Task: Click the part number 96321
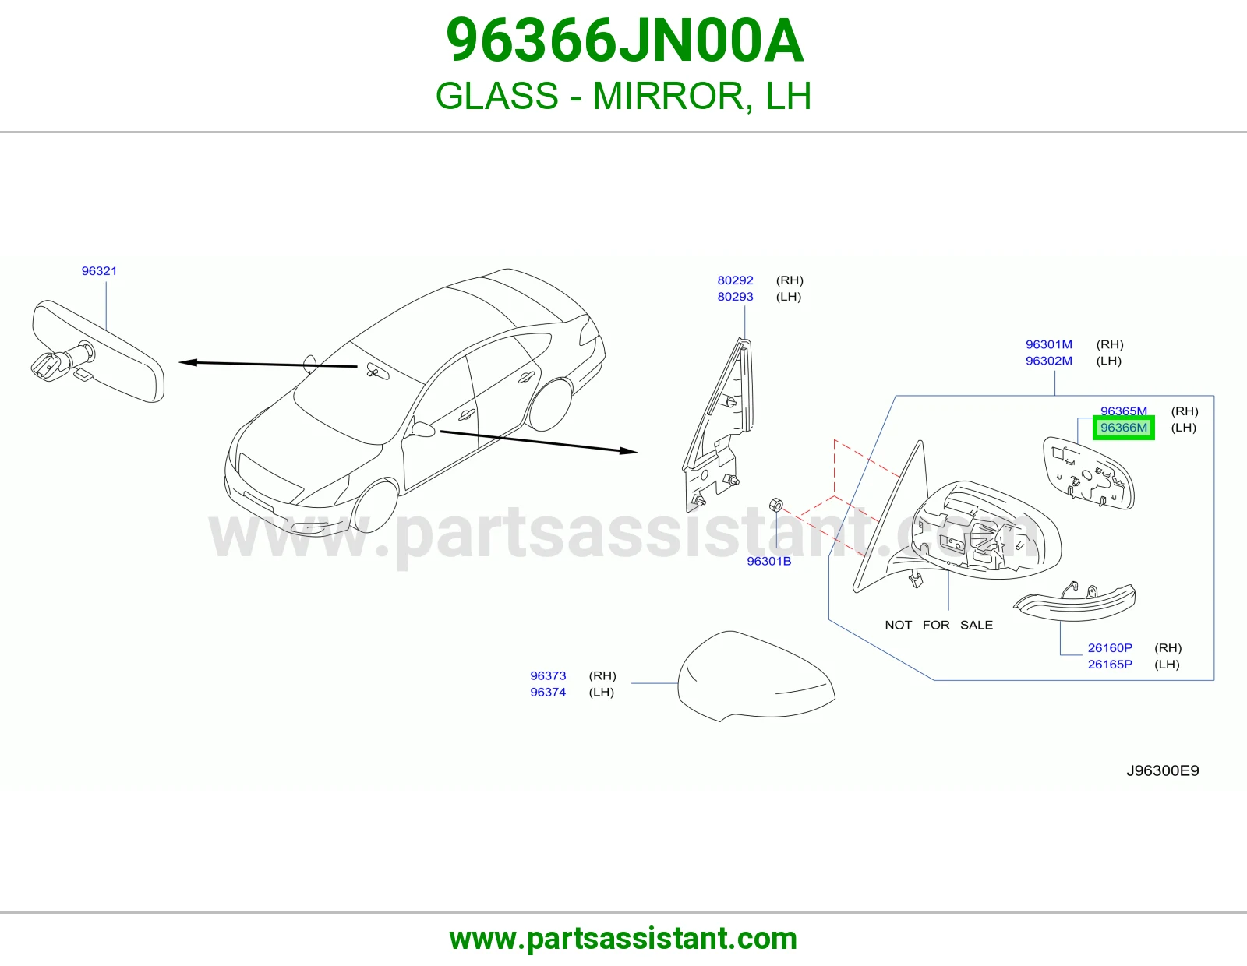click(99, 271)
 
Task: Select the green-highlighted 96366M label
click(1124, 428)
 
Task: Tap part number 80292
click(735, 280)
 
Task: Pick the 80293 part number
click(735, 297)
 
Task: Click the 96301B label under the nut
click(769, 561)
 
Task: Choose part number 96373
click(548, 675)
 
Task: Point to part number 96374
click(548, 693)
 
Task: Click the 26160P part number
click(1110, 648)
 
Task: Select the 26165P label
click(1110, 665)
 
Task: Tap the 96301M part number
click(1049, 345)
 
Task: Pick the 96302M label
click(1049, 361)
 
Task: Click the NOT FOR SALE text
click(939, 626)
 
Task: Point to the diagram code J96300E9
click(1163, 770)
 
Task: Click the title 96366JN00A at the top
click(624, 41)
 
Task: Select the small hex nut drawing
click(775, 506)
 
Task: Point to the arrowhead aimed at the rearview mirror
click(189, 362)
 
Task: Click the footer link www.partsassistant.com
click(623, 939)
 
